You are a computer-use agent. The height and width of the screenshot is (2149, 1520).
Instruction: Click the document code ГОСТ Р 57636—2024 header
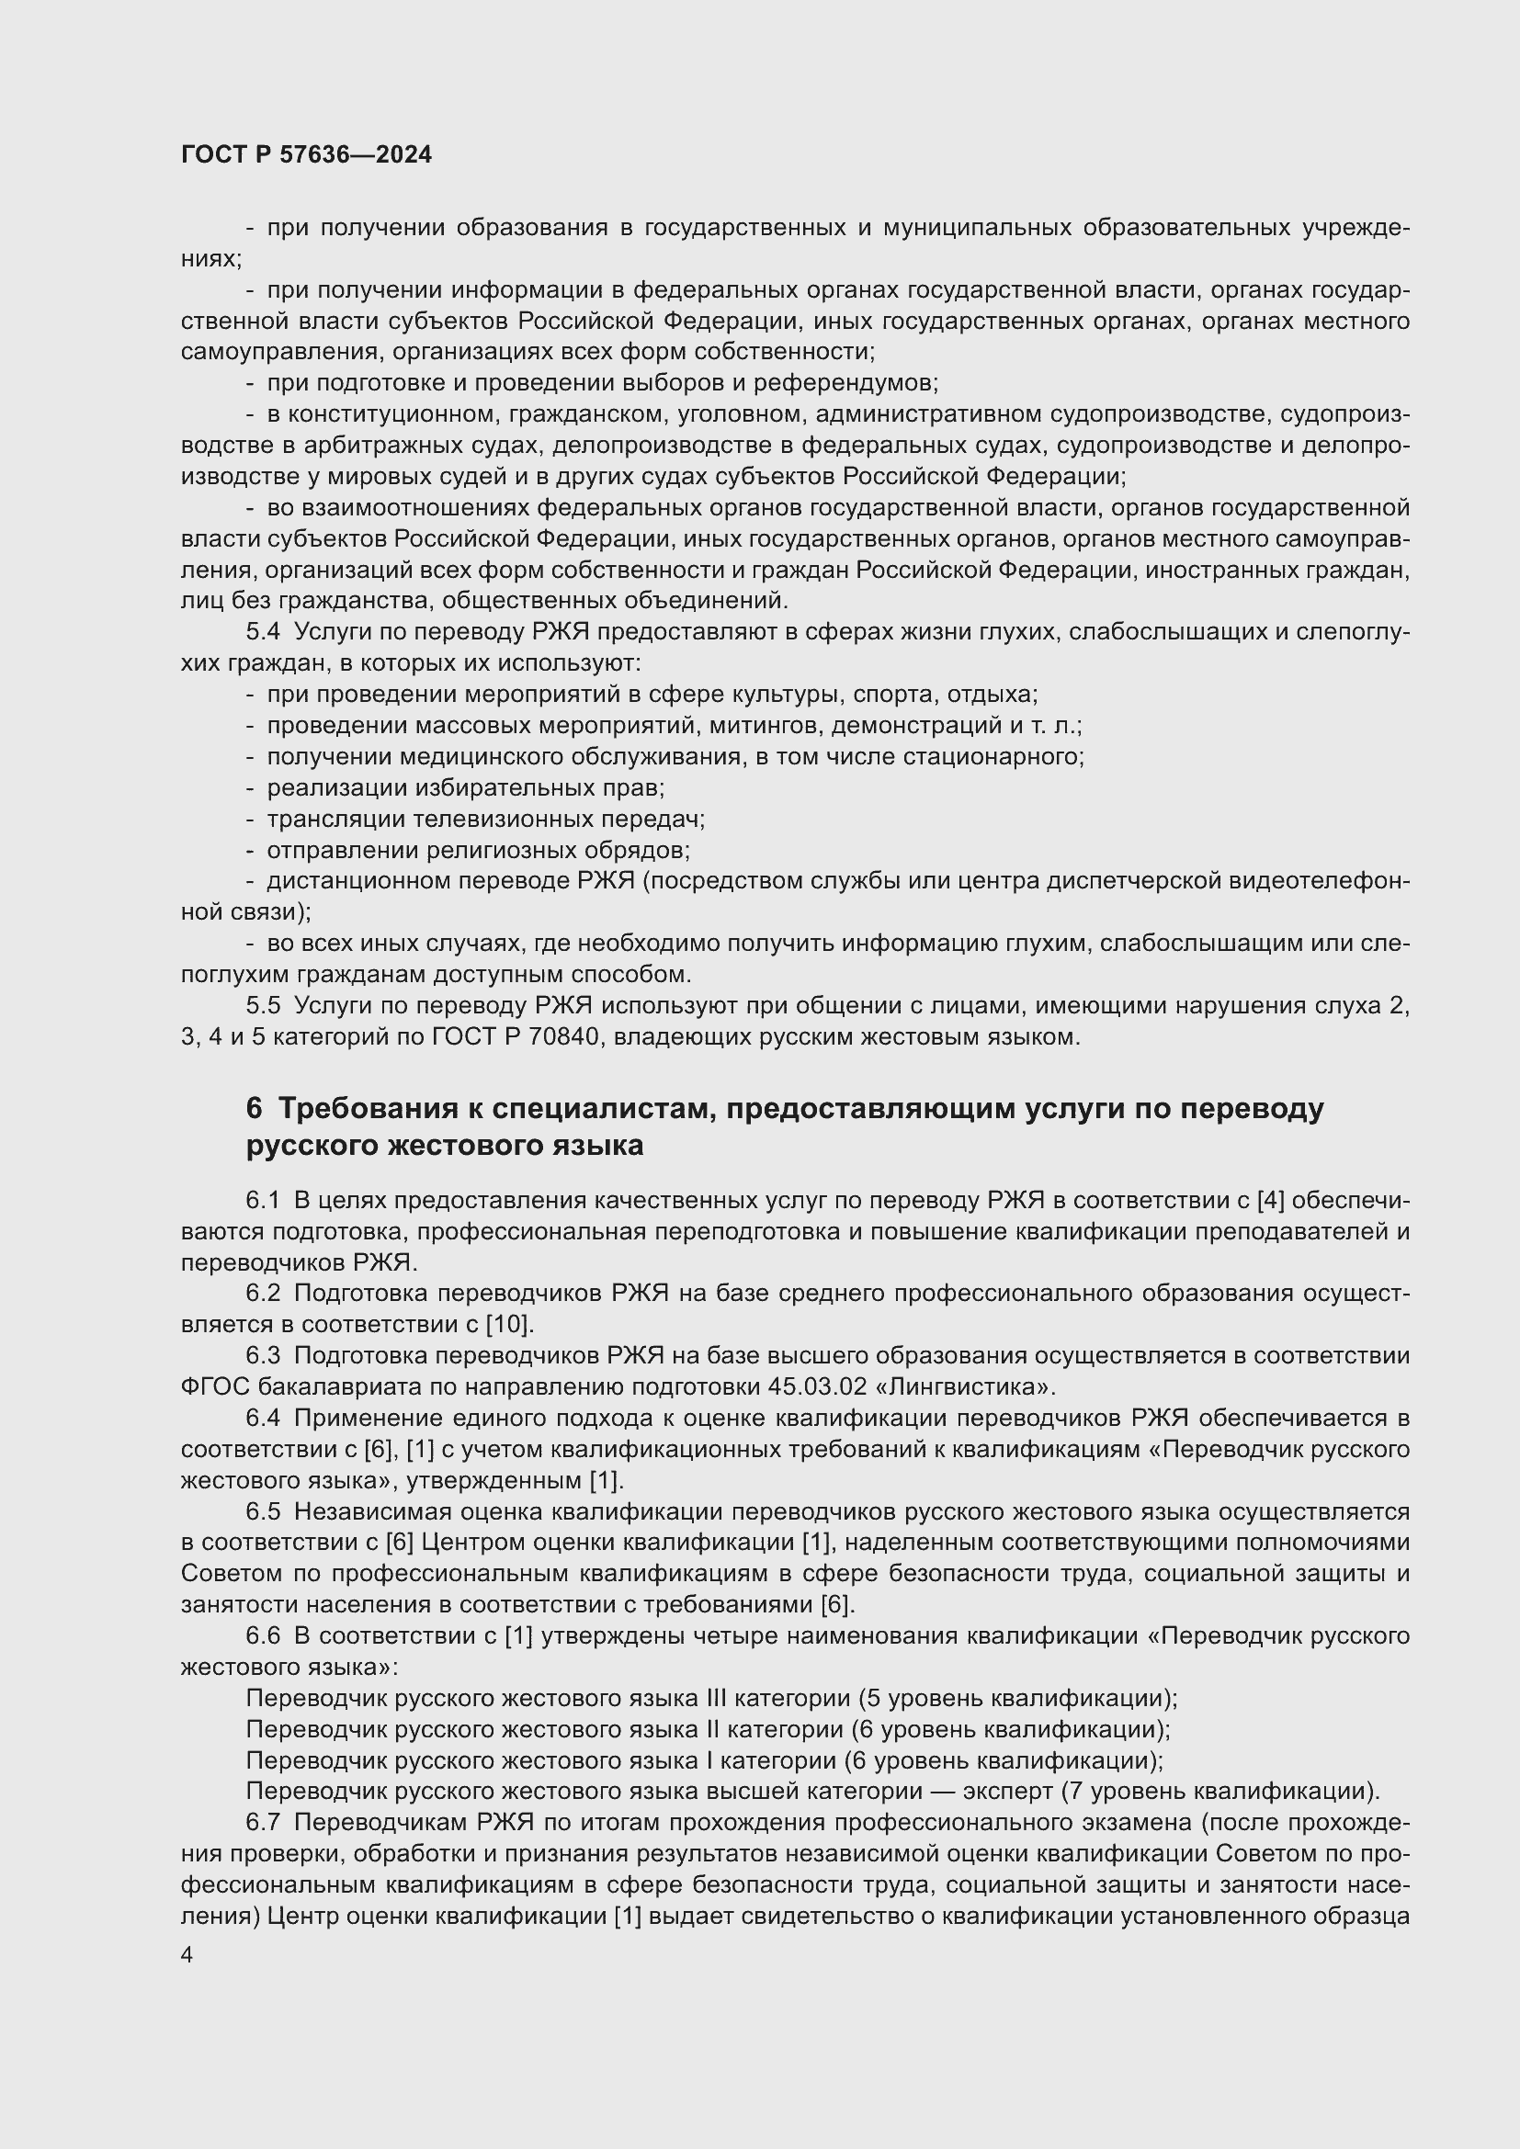click(306, 155)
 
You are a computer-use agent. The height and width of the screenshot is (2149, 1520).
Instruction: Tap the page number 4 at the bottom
click(187, 1955)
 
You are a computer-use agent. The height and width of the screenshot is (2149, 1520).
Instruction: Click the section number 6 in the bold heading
click(254, 1108)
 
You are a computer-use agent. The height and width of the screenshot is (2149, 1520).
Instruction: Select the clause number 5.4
click(262, 632)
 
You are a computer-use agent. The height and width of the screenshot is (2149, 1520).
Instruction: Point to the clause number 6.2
click(262, 1293)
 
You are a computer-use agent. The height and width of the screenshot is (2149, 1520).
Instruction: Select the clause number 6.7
click(262, 1822)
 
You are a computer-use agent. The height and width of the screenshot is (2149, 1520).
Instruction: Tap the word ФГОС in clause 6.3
click(214, 1386)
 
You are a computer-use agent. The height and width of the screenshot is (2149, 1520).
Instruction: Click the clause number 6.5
click(262, 1511)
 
